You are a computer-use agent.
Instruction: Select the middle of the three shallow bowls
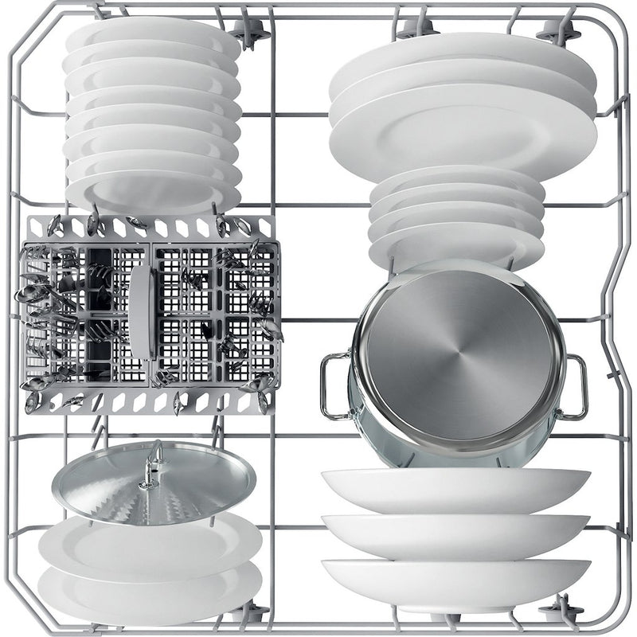click(454, 532)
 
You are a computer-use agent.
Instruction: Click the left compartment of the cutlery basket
click(84, 311)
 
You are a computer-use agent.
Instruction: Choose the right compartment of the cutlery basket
click(211, 311)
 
